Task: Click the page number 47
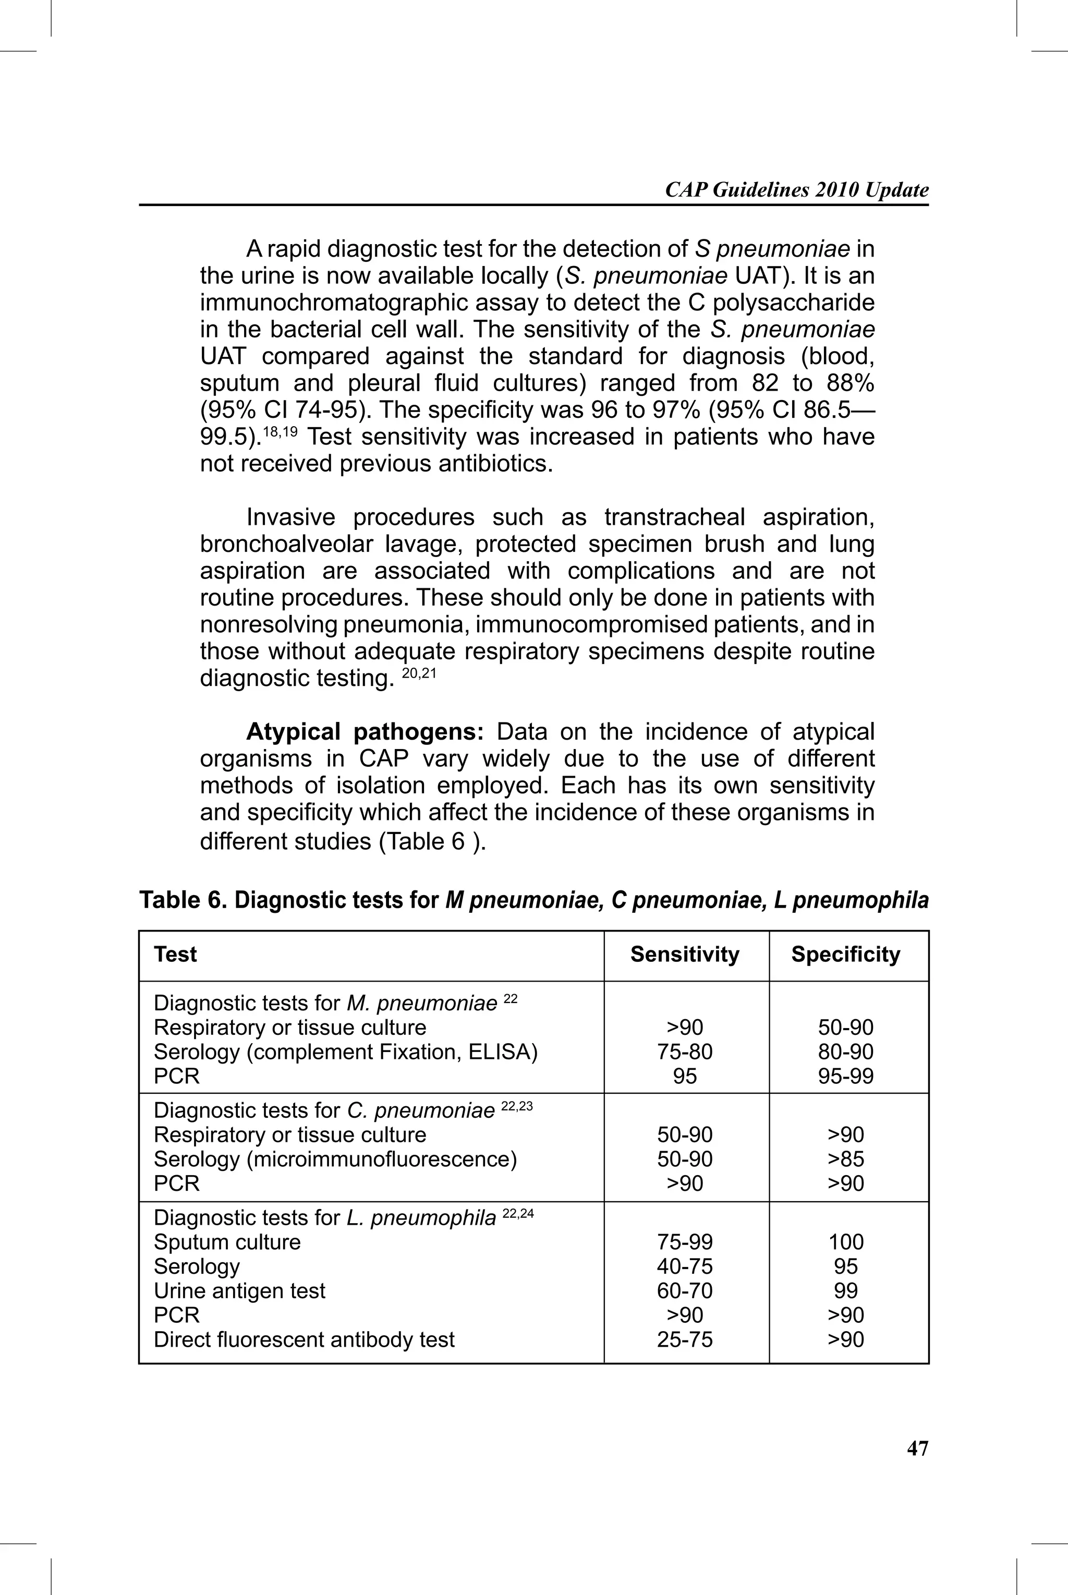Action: (x=917, y=1448)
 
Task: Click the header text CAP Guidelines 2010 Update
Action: (x=796, y=190)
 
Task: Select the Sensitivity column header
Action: (x=685, y=954)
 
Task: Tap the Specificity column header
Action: (x=845, y=954)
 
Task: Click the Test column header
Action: (x=175, y=954)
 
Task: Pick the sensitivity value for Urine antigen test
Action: (x=685, y=1290)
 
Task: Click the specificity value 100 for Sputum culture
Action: (x=845, y=1241)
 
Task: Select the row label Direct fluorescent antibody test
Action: (x=304, y=1339)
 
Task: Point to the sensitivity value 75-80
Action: (x=685, y=1052)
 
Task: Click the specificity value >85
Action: (x=845, y=1159)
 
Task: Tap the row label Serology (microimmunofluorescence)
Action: (x=335, y=1159)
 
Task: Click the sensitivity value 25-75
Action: (x=685, y=1339)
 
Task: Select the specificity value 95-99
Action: (x=845, y=1076)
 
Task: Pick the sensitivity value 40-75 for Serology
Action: (x=685, y=1266)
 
